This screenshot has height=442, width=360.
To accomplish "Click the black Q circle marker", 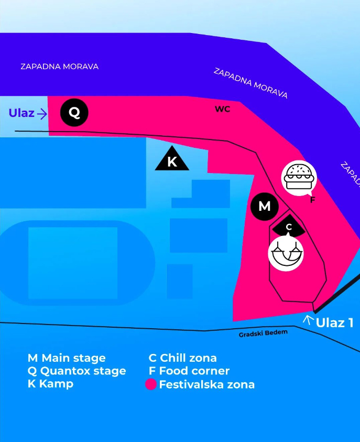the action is (x=74, y=113).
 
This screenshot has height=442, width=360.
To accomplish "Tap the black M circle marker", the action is (x=265, y=207).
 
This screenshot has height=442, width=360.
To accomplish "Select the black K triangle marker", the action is (x=172, y=159).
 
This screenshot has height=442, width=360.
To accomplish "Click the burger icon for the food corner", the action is (x=299, y=178).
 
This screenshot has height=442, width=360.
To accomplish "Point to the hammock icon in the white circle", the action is (x=286, y=253).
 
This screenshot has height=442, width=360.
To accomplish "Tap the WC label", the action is (x=223, y=109).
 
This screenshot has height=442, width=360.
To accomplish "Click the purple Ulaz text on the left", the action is (x=21, y=113).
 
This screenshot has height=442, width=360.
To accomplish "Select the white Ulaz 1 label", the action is (x=334, y=323).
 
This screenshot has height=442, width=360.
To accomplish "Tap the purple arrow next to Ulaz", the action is (x=42, y=114).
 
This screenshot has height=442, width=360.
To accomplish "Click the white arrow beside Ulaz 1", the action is (x=309, y=320).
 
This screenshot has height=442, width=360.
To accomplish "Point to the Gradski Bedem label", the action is (x=263, y=333).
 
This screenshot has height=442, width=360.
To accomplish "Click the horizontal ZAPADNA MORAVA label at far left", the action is (x=59, y=67).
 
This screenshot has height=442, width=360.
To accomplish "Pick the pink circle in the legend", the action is (x=151, y=384).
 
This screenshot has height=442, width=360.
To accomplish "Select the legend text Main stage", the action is (x=73, y=358).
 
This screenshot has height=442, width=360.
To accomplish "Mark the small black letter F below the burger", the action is (x=312, y=200).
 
